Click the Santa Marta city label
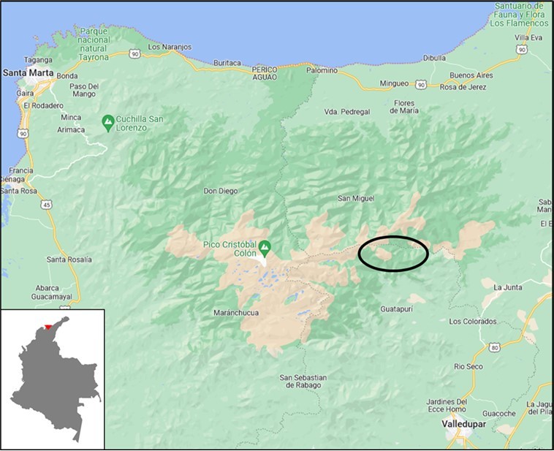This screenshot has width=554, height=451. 25,73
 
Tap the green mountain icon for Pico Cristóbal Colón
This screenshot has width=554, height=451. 264,246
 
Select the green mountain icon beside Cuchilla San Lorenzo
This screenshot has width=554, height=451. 108,119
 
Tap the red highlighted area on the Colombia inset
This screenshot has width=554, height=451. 48,326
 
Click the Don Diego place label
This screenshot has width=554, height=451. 221,192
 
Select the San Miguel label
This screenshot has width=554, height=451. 356,199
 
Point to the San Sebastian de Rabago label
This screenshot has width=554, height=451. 303,382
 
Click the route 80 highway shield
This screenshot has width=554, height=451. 495,347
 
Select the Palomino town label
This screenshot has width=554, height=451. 322,71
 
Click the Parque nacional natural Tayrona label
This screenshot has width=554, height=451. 104,45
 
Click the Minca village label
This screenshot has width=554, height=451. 71,117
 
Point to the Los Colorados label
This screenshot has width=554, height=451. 472,322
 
